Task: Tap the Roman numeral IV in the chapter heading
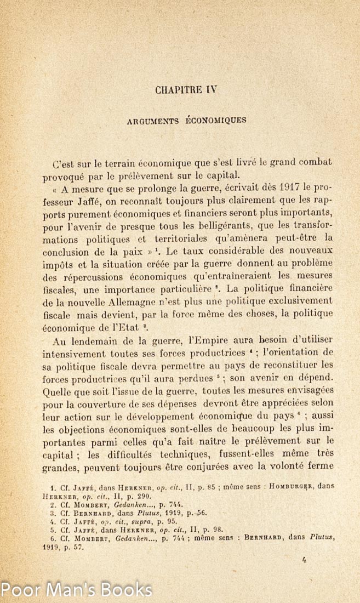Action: click(212, 90)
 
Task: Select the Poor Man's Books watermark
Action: click(77, 590)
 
